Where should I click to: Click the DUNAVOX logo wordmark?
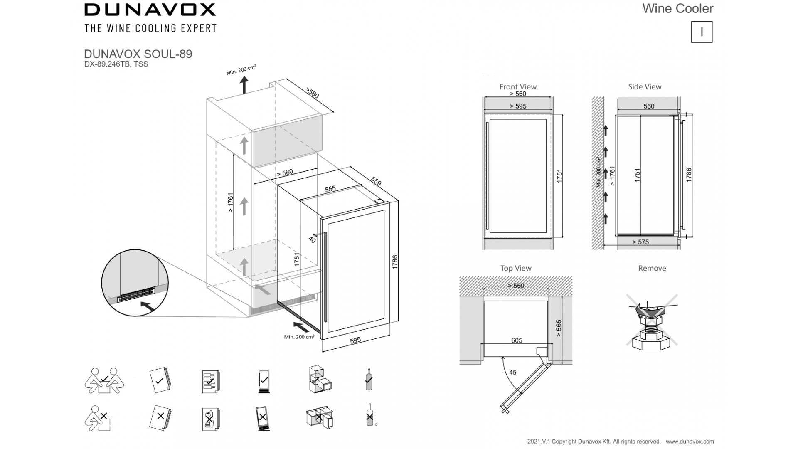[x=150, y=10]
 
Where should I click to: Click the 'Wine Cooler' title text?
[x=677, y=9]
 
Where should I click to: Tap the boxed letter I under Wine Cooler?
[x=702, y=32]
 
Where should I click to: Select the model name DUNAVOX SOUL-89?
[x=138, y=54]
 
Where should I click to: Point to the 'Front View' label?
[x=518, y=87]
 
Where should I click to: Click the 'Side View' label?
[x=645, y=87]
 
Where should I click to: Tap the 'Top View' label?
[x=516, y=268]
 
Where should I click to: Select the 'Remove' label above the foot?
[x=652, y=268]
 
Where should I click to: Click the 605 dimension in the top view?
[x=517, y=340]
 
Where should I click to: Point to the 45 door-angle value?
[x=513, y=373]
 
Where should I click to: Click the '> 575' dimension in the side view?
[x=640, y=242]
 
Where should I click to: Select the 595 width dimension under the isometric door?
[x=355, y=340]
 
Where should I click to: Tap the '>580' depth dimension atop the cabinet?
[x=312, y=93]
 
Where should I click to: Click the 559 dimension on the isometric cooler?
[x=376, y=181]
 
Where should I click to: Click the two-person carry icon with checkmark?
[x=104, y=380]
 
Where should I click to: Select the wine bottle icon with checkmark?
[x=369, y=379]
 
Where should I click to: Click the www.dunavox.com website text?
[x=690, y=442]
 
